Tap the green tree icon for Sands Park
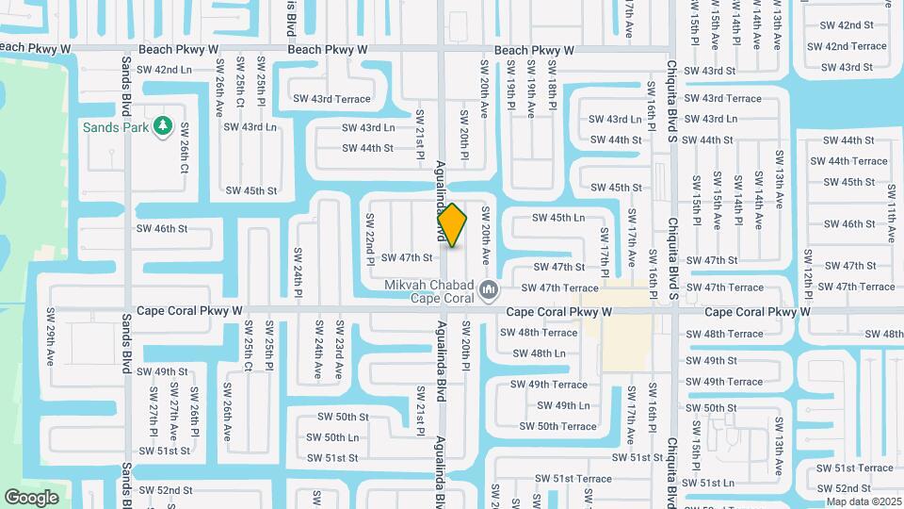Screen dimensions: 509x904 click(x=163, y=125)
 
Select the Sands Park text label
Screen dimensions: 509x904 click(x=114, y=127)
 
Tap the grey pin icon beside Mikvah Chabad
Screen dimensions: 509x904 click(x=488, y=289)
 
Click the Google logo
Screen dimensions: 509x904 click(x=31, y=497)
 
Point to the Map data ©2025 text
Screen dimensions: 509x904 click(x=864, y=501)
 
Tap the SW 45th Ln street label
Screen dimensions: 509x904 click(x=558, y=218)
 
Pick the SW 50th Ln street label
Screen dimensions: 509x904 click(x=332, y=437)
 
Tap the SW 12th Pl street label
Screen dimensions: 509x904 click(x=807, y=272)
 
